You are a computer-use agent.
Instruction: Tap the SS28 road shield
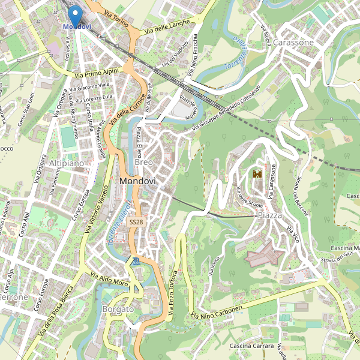(136, 222)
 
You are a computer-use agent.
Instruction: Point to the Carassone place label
(293, 43)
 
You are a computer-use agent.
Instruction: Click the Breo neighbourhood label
(144, 163)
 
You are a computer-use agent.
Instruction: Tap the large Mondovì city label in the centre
(137, 181)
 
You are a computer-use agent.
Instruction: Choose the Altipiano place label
(67, 163)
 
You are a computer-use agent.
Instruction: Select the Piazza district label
(269, 215)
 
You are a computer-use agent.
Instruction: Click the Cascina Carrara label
(252, 346)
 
